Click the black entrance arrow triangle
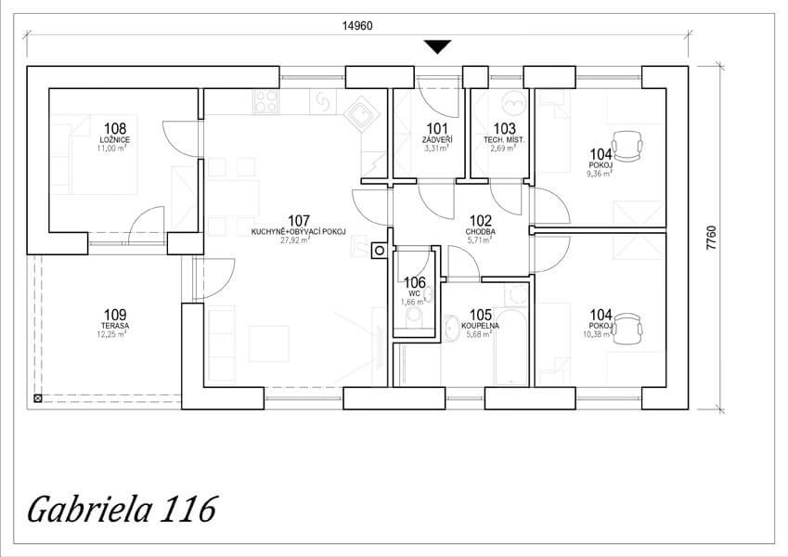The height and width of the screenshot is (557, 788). coord(438,47)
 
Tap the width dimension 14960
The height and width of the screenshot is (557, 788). coord(357,26)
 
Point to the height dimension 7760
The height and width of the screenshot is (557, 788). coord(711,238)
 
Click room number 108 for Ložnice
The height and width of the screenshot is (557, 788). coord(115,129)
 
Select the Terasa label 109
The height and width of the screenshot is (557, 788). coord(115,316)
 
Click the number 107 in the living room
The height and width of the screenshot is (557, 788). coord(299,221)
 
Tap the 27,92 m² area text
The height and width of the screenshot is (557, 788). coord(295,240)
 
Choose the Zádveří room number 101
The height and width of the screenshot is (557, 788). coord(437,129)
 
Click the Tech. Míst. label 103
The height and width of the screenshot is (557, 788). coord(504,129)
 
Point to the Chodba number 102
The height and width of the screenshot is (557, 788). coord(481,221)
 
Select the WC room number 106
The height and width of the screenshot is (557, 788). coord(415,283)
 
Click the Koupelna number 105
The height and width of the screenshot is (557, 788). coord(481,316)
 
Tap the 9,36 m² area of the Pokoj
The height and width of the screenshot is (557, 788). coord(599,174)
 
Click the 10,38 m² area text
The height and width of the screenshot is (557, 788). coord(598,334)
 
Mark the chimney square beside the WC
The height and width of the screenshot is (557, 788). coord(380,251)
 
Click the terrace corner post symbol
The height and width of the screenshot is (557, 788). coord(38,398)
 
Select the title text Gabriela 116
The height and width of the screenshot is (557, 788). coord(123,509)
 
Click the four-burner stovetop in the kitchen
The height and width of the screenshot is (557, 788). coord(265,101)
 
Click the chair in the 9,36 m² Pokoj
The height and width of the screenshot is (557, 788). coord(627,146)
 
